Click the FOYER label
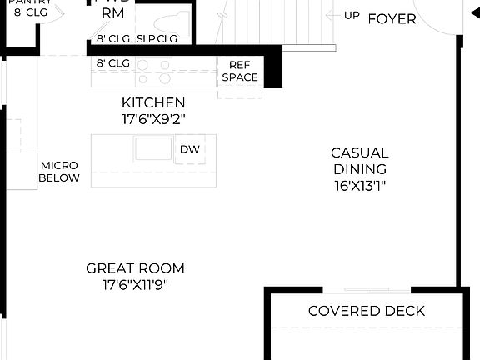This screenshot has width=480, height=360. click(392, 18)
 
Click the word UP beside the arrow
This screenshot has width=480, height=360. click(352, 16)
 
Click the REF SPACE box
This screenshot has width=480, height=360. click(239, 72)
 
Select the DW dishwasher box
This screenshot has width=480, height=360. click(190, 149)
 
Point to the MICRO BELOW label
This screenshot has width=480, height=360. click(60, 172)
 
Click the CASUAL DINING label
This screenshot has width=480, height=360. click(359, 161)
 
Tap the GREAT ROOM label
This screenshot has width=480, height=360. click(135, 268)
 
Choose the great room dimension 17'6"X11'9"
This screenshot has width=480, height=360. click(135, 284)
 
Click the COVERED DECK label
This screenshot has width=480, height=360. click(367, 311)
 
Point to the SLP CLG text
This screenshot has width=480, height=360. click(157, 38)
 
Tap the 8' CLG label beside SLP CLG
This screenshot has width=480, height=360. click(112, 38)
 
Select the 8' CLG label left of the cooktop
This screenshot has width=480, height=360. click(112, 62)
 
